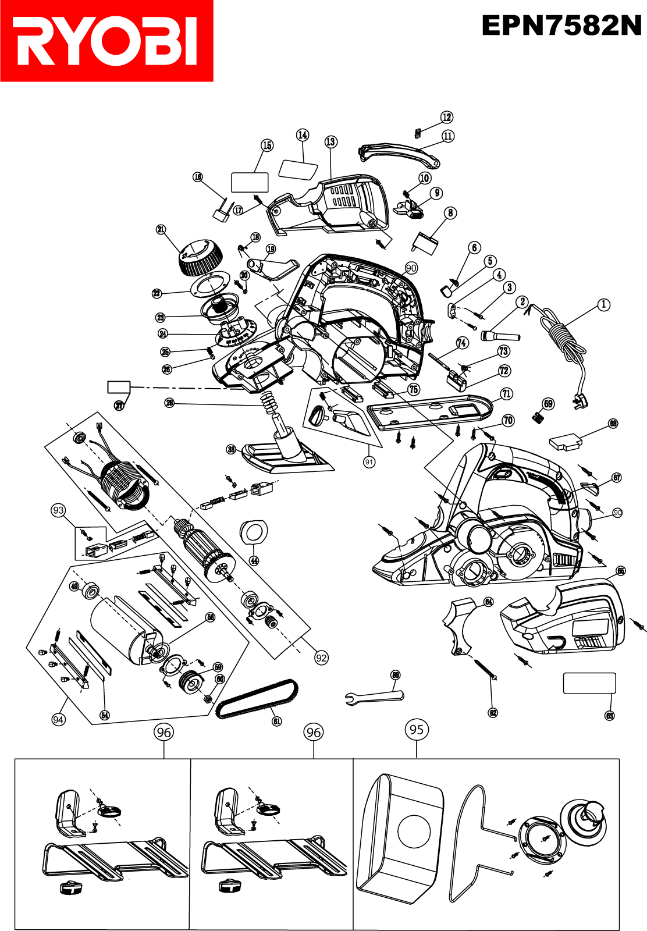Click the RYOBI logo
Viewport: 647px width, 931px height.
tap(106, 41)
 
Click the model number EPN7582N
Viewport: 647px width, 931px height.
tap(561, 26)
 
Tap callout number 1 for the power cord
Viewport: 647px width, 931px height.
tap(604, 304)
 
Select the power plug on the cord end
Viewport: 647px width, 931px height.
tap(582, 400)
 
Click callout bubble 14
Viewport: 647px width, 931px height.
tap(303, 135)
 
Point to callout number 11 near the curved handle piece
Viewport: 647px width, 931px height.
tap(448, 136)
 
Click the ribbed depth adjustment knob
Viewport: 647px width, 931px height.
tap(199, 258)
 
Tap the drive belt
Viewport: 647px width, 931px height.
tap(257, 699)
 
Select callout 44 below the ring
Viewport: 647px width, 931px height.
tap(254, 561)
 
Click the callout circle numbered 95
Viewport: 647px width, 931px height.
tap(417, 730)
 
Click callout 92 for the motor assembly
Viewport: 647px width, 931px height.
tap(321, 658)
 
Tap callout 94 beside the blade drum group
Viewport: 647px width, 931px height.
tap(58, 720)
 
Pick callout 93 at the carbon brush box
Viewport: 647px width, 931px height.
tap(58, 510)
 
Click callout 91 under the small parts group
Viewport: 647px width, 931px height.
tap(369, 462)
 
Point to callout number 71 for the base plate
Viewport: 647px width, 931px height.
tap(507, 394)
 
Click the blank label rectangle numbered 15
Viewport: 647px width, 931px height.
tap(250, 182)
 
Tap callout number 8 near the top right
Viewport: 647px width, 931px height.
tap(450, 213)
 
